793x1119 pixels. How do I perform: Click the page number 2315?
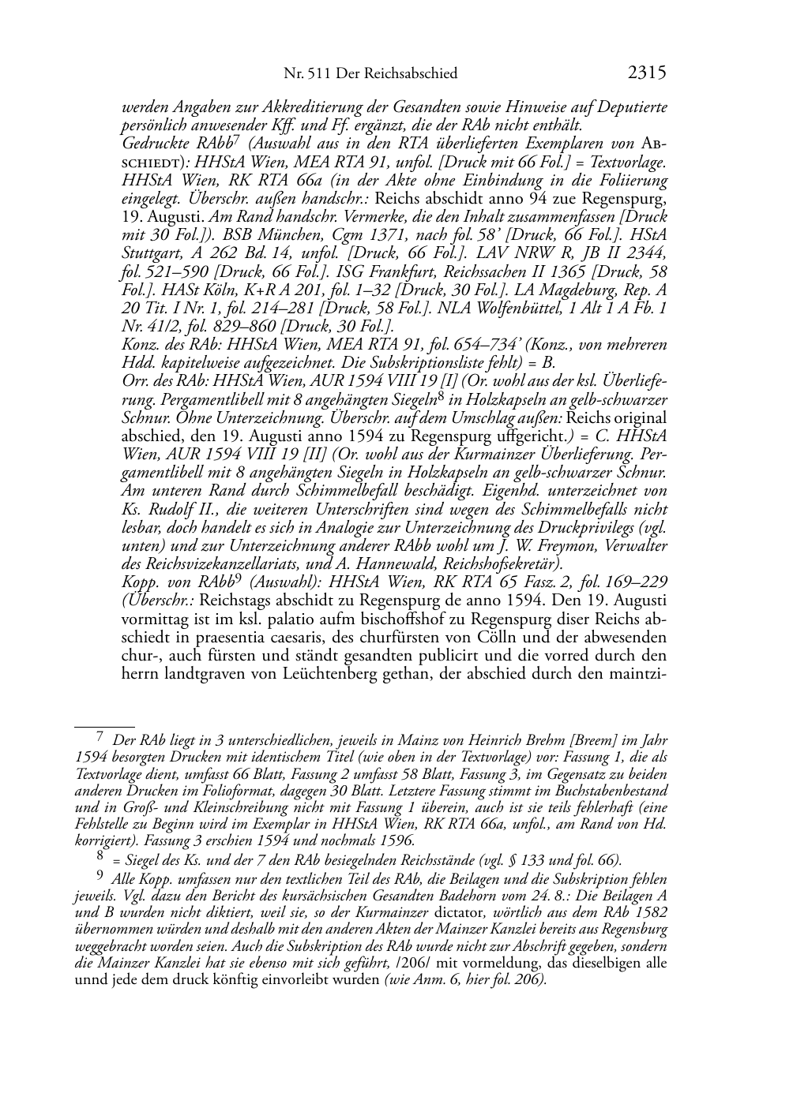(x=648, y=73)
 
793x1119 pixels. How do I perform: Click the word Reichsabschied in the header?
(x=418, y=74)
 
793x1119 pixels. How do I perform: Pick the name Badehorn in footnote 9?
(x=468, y=897)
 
